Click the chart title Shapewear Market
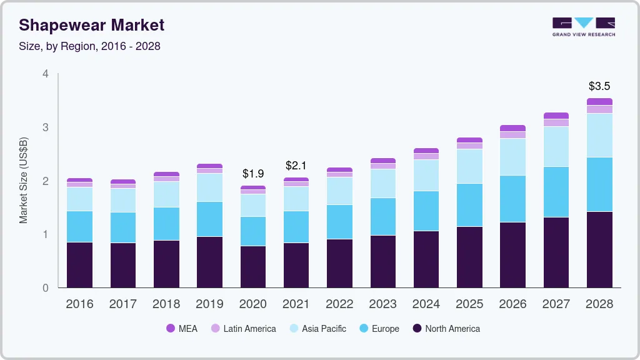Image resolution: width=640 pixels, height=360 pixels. click(x=92, y=25)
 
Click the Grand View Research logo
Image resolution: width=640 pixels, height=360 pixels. click(x=583, y=26)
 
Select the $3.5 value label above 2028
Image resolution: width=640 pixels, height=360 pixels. click(x=599, y=86)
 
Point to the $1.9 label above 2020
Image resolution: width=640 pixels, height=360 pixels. click(x=253, y=173)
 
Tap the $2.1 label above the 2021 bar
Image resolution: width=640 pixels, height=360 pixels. click(x=296, y=166)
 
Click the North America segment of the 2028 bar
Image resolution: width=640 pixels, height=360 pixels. click(x=599, y=249)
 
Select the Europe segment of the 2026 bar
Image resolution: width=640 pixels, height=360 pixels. click(x=512, y=199)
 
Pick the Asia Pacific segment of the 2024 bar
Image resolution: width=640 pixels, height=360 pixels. click(x=426, y=175)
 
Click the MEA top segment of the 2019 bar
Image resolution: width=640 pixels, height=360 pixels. click(x=210, y=166)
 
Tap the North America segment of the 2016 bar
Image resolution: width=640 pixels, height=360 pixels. click(x=80, y=264)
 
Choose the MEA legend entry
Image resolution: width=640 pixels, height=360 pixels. click(x=182, y=329)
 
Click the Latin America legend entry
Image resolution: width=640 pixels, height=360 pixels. click(x=243, y=329)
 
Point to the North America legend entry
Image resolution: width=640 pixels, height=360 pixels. click(x=446, y=329)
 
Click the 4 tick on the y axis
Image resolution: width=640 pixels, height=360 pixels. click(x=45, y=74)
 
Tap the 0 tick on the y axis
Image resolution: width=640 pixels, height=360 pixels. click(x=45, y=288)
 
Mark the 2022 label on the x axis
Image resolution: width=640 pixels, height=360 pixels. click(x=339, y=304)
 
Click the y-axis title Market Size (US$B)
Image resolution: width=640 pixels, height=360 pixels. click(x=24, y=180)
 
